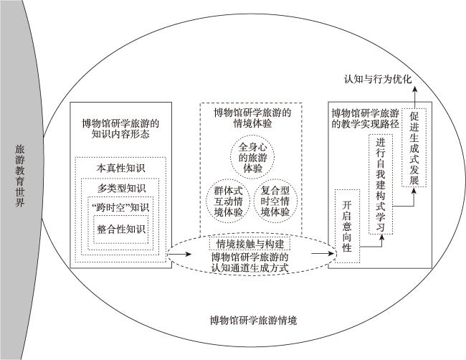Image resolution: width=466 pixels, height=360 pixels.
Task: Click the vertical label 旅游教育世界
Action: coord(19,176)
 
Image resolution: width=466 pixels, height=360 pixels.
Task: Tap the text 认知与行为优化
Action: coord(378,79)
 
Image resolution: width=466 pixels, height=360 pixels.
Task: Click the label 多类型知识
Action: coord(121,188)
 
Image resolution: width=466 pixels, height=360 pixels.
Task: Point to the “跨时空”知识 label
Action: coord(120,207)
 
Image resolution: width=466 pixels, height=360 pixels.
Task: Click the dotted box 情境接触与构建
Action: coord(250,244)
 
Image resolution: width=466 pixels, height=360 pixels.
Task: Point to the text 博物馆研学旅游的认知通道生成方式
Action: coord(250,262)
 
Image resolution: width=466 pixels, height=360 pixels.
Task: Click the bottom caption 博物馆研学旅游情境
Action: coord(253,321)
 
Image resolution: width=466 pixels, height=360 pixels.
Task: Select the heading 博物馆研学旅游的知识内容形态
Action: coord(120,128)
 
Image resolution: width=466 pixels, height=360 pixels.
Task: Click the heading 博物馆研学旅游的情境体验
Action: coord(252,118)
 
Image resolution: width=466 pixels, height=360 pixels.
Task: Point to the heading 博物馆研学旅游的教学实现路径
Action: coord(365,118)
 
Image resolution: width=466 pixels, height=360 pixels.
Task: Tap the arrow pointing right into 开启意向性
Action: coord(323,254)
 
